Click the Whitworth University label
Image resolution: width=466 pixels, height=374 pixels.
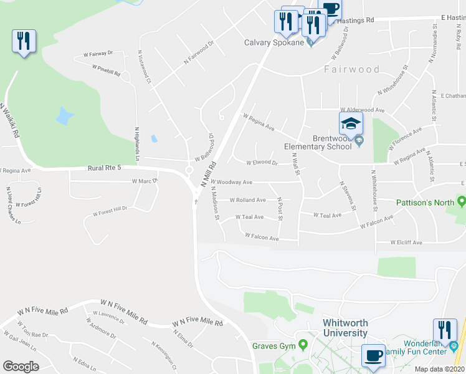(345, 328)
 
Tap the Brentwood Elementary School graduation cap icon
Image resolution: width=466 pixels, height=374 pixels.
(351, 122)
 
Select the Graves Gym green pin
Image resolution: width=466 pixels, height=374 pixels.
(303, 344)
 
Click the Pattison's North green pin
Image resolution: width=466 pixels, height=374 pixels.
(461, 201)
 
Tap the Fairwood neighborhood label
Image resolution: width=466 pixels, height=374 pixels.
(351, 69)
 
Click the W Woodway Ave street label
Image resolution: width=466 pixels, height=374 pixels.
(234, 182)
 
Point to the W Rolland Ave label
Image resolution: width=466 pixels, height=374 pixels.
(248, 200)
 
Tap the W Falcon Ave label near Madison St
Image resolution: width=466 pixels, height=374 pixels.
(262, 237)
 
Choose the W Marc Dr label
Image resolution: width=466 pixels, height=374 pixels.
(145, 181)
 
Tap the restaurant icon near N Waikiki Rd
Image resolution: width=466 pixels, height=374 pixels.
(24, 42)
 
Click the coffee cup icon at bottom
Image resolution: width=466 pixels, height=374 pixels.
(373, 355)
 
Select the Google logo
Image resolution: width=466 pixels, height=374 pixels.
(21, 366)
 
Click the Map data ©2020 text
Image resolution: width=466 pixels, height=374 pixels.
(439, 369)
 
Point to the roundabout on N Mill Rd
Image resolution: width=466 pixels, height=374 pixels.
(189, 170)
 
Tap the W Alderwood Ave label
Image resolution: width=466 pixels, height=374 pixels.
(361, 110)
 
